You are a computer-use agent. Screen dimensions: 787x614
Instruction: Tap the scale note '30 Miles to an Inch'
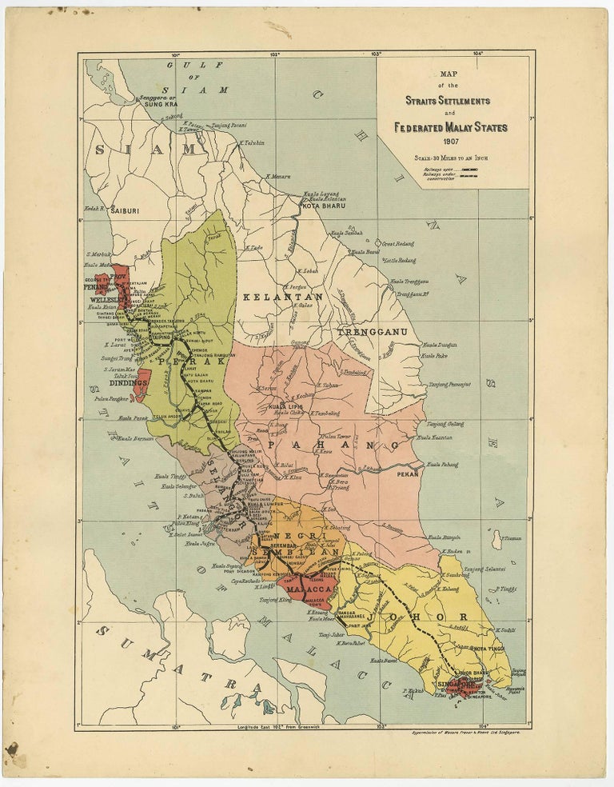(x=453, y=158)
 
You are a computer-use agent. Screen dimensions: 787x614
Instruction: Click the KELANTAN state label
(x=279, y=297)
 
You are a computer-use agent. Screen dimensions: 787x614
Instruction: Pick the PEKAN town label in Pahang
(x=407, y=473)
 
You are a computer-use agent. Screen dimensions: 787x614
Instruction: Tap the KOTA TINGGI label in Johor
(x=488, y=649)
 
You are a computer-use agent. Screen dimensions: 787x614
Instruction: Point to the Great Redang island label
(x=399, y=243)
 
